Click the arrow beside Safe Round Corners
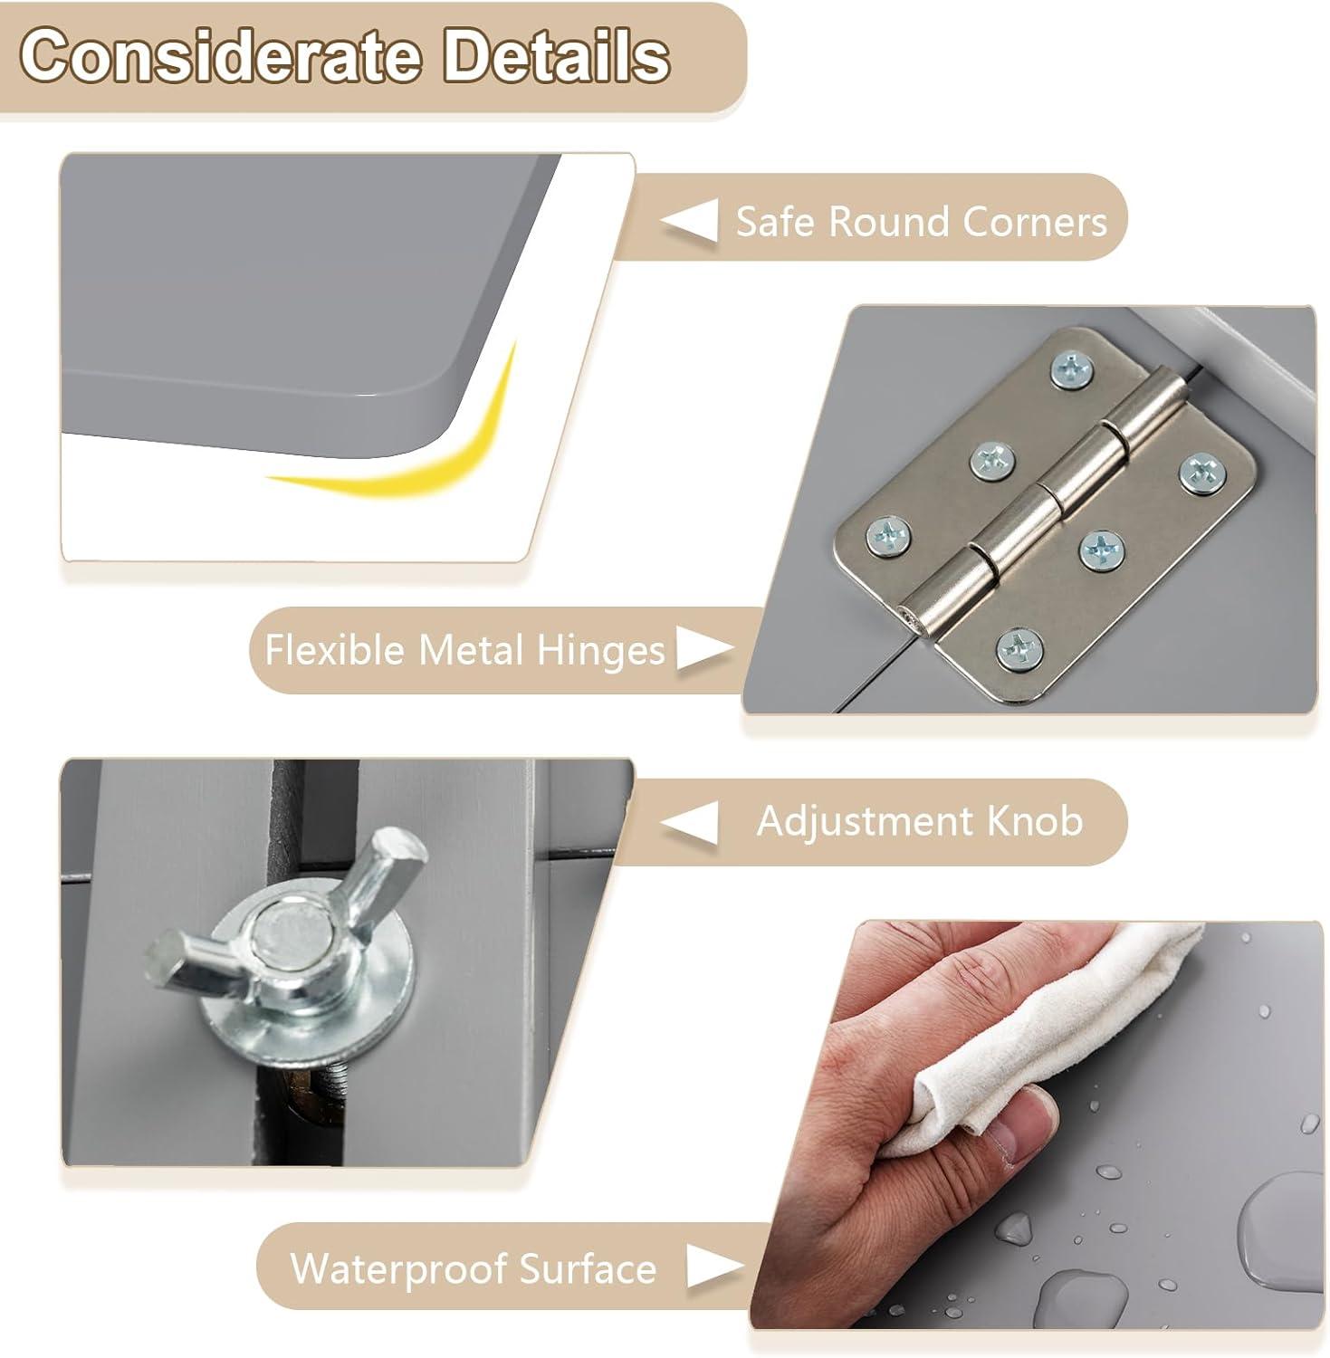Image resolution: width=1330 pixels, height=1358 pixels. [x=689, y=221]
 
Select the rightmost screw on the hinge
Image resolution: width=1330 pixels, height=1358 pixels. [x=1201, y=473]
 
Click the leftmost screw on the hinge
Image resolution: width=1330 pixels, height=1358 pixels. [x=888, y=538]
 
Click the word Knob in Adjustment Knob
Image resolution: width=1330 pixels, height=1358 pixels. [x=1035, y=821]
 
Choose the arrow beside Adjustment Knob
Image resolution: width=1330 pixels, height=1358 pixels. [x=689, y=823]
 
